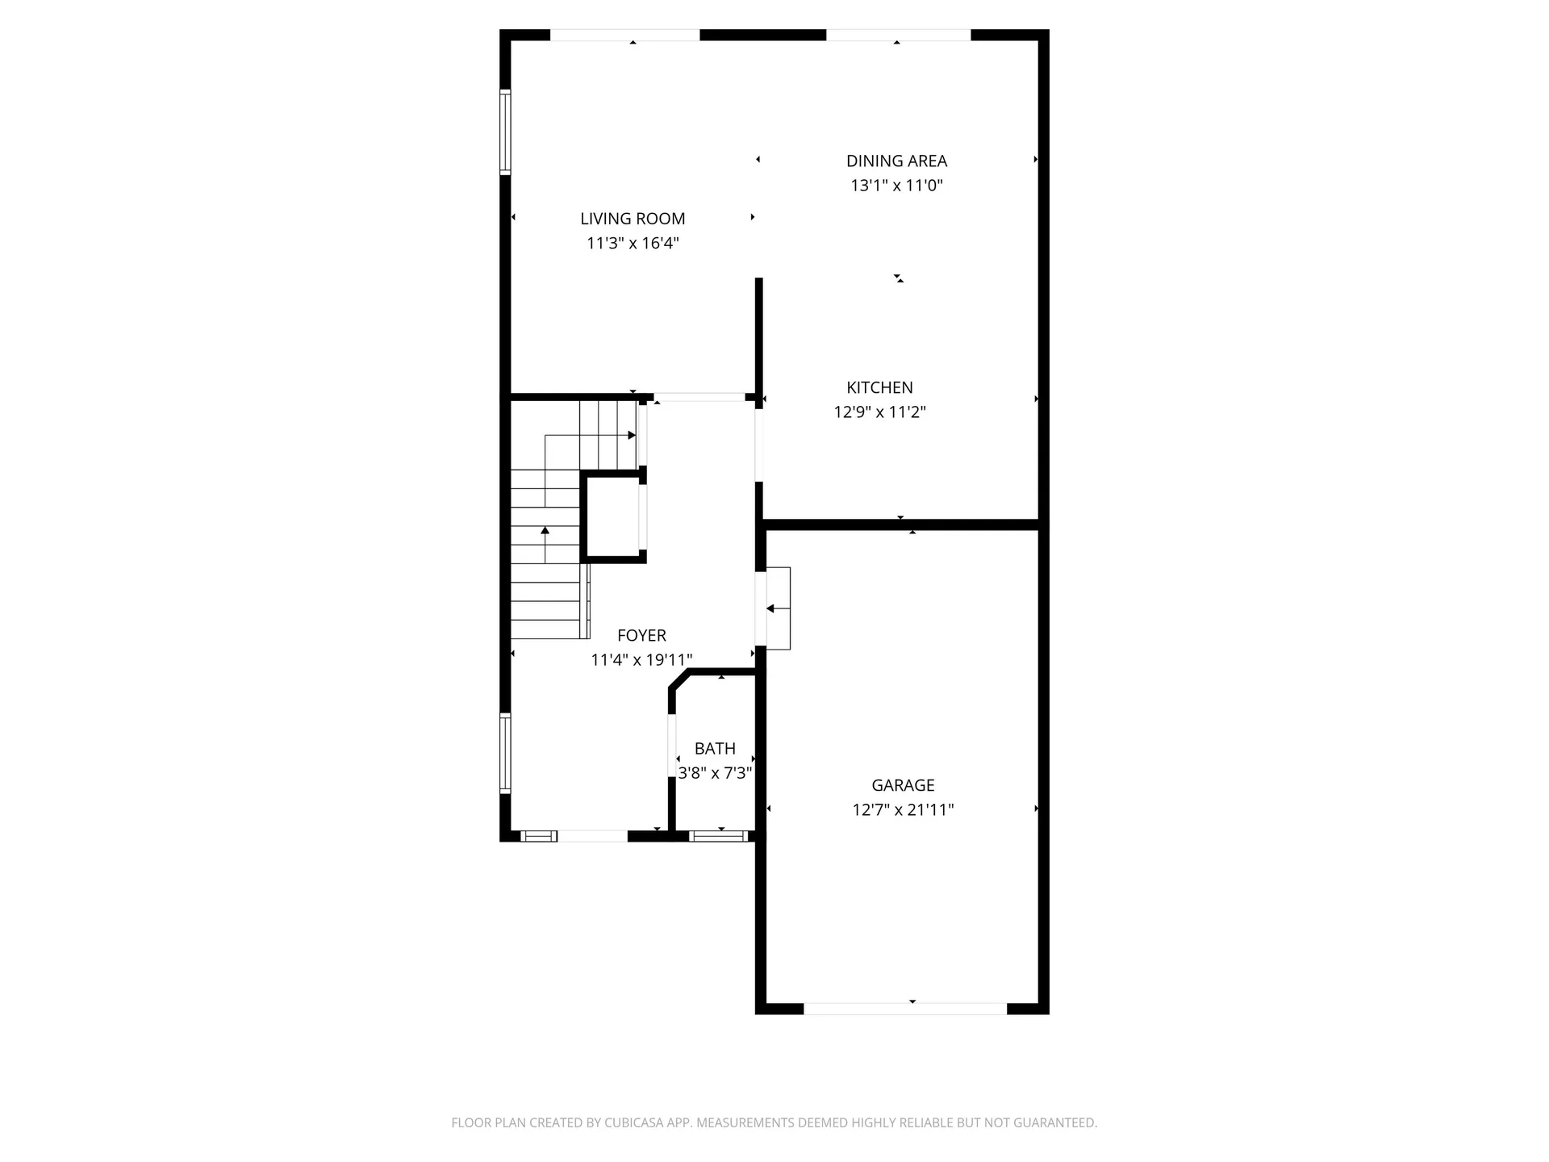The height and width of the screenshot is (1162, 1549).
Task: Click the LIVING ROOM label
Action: (x=633, y=219)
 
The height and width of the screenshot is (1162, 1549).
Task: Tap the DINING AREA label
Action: (x=896, y=161)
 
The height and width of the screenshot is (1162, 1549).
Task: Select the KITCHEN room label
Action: (x=879, y=387)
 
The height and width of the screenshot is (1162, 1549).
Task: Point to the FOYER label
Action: (x=641, y=636)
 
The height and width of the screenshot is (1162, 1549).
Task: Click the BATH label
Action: (x=715, y=749)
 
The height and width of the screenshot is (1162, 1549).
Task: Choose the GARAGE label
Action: (x=903, y=785)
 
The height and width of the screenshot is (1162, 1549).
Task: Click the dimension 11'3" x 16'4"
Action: (x=633, y=243)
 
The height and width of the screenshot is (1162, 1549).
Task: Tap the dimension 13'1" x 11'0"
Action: (x=896, y=186)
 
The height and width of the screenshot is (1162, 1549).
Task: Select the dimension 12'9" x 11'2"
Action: (x=879, y=412)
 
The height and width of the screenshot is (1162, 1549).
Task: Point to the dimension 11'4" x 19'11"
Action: (x=641, y=660)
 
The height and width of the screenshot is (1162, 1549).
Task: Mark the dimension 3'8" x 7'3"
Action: (x=715, y=773)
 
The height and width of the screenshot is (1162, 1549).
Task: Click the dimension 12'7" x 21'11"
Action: (x=903, y=809)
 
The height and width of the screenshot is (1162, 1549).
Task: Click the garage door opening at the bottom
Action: (x=905, y=1009)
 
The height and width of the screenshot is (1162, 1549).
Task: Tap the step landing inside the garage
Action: (x=778, y=608)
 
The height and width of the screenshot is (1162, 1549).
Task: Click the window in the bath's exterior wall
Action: (x=720, y=836)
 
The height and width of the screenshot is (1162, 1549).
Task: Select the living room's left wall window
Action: (x=505, y=132)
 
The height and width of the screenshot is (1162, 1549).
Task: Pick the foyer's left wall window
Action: (x=505, y=754)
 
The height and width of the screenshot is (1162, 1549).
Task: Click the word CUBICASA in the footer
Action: (x=638, y=1122)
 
